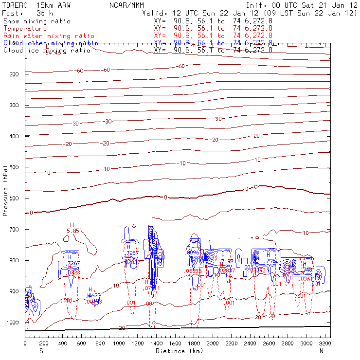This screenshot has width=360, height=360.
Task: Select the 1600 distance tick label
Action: [x=175, y=343]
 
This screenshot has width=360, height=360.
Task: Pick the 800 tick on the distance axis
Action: [x=100, y=343]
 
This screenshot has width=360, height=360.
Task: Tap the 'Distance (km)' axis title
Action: [x=173, y=351]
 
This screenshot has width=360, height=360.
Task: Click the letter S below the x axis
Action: [x=40, y=351]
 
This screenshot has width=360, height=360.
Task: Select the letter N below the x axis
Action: [x=322, y=351]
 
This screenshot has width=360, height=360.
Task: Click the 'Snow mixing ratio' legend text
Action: [x=36, y=21]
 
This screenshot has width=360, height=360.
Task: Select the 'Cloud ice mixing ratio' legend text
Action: [x=47, y=50]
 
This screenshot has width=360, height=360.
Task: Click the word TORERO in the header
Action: [x=14, y=5]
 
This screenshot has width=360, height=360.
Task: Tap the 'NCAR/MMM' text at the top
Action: [x=126, y=5]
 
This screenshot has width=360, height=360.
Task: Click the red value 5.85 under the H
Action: [x=72, y=231]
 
